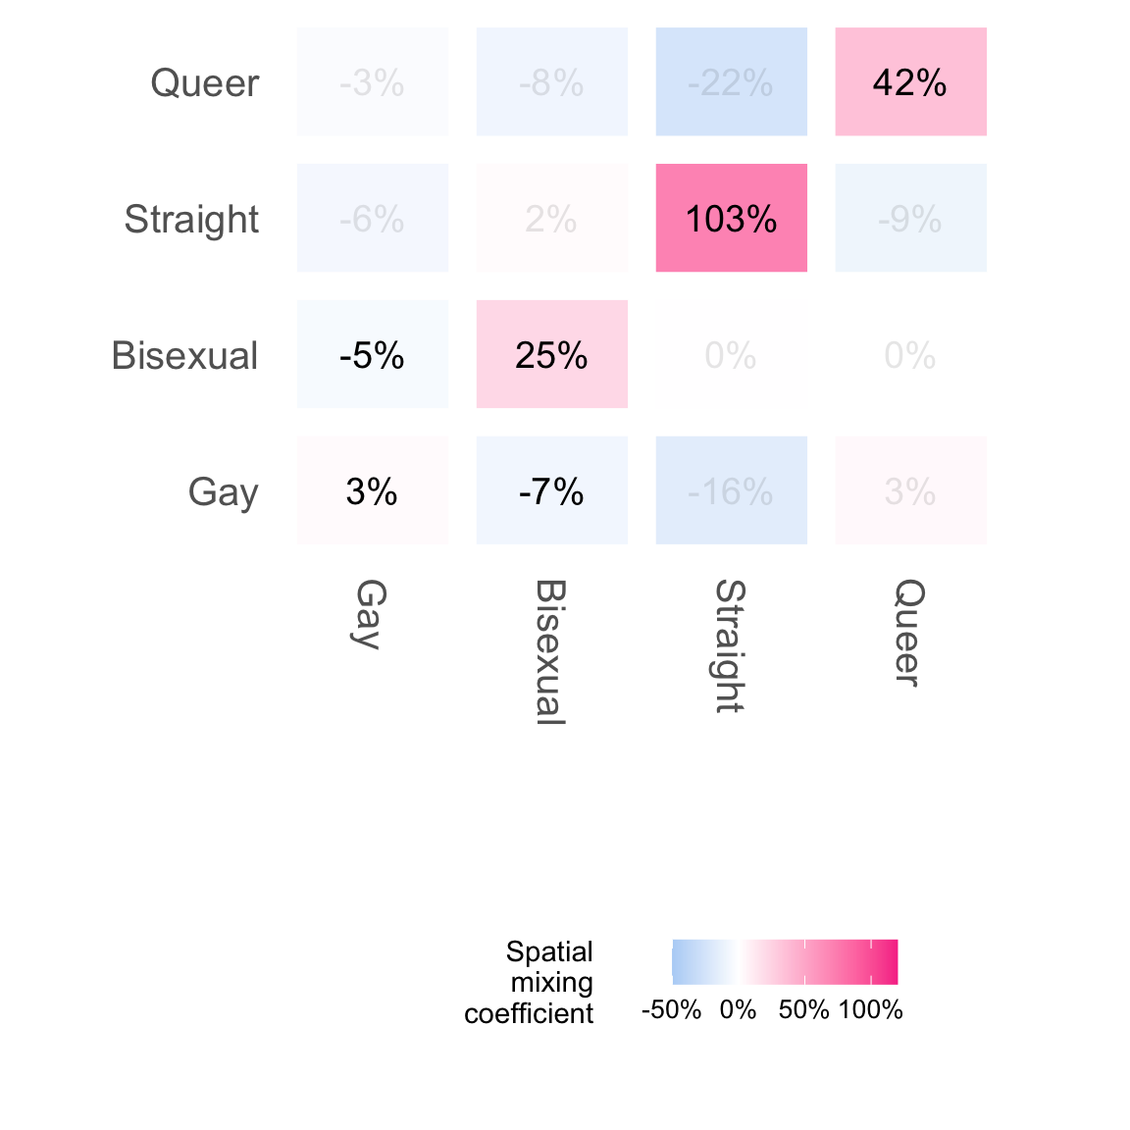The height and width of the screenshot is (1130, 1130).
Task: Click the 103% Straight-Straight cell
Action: (731, 218)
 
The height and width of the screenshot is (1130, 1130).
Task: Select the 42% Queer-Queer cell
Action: (910, 82)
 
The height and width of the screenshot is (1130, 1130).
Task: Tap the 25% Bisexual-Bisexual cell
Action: (551, 354)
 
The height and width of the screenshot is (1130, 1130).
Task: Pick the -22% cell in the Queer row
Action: (731, 82)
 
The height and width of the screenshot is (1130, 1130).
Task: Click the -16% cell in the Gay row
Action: (731, 490)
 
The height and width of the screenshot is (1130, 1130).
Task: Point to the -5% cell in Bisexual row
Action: (372, 354)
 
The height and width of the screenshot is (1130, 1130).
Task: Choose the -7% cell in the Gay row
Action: (551, 490)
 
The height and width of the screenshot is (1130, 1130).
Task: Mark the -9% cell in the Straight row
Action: (910, 218)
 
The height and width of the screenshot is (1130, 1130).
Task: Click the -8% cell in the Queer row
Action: (551, 82)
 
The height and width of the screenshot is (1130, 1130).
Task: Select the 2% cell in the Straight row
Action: (551, 218)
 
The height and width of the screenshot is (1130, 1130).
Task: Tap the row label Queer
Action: (204, 83)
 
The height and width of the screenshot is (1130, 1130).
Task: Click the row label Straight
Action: (191, 220)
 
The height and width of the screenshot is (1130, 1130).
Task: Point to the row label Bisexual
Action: (184, 356)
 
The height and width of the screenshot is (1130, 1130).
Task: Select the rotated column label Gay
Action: (371, 614)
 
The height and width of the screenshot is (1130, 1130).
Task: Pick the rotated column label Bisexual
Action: (550, 652)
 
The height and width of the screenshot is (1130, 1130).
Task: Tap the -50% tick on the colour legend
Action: (671, 1010)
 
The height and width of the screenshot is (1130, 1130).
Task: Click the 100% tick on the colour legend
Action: (871, 1010)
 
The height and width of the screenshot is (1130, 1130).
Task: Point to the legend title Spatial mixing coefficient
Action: (530, 982)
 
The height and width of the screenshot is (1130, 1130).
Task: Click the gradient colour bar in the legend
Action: (785, 961)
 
